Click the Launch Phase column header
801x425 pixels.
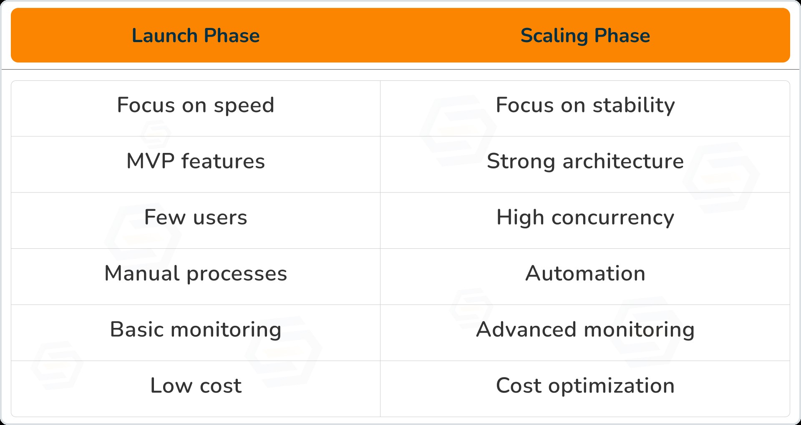(196, 35)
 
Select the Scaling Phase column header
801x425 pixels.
(585, 35)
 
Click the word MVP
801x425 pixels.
(151, 161)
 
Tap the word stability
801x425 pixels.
(634, 105)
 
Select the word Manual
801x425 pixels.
(142, 274)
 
